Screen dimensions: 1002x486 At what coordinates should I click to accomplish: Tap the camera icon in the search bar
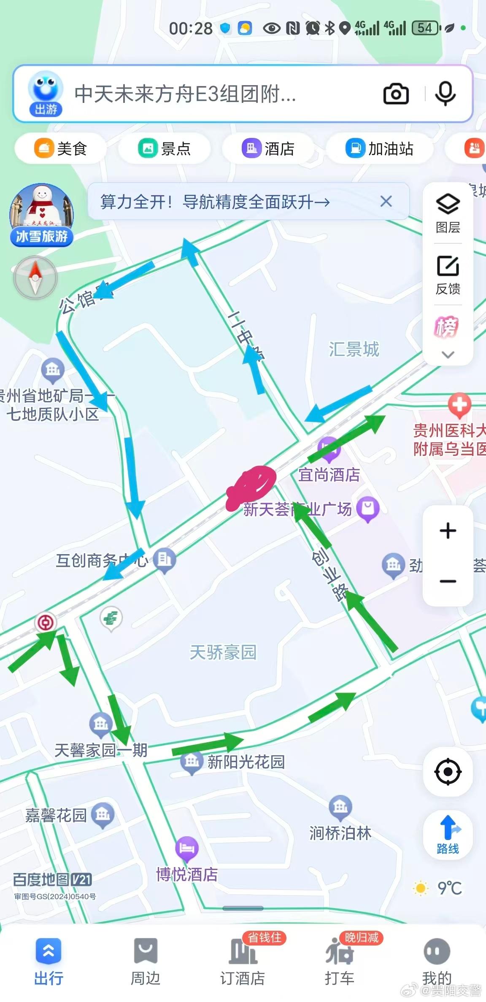click(396, 94)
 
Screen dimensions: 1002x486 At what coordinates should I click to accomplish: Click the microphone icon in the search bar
click(445, 94)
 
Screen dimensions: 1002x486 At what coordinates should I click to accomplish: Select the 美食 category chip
click(60, 148)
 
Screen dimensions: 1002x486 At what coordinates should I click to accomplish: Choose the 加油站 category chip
click(379, 148)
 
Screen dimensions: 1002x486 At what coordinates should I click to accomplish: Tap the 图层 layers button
click(448, 213)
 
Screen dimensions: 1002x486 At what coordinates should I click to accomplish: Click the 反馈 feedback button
click(448, 275)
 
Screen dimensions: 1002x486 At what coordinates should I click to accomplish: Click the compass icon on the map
click(35, 277)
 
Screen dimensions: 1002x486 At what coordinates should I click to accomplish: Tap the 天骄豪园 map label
click(223, 652)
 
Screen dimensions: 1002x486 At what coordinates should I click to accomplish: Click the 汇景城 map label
click(354, 349)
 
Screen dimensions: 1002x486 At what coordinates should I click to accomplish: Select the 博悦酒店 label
click(187, 874)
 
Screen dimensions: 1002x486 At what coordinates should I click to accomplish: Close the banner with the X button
click(386, 202)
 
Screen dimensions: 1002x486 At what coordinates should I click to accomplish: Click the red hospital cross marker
click(459, 405)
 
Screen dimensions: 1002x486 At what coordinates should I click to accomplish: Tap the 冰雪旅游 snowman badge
click(42, 215)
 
